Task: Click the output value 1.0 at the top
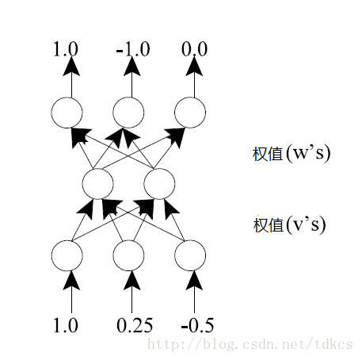coord(66,49)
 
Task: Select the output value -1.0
coord(133,49)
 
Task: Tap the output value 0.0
coord(194,49)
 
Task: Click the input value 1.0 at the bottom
coord(66,325)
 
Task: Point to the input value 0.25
coord(135,325)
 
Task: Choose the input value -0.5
coord(197,325)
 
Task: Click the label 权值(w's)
coord(292,153)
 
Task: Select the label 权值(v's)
coord(289,225)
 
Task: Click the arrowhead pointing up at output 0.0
coord(194,67)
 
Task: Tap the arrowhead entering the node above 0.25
coord(132,281)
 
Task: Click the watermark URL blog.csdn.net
coord(250,344)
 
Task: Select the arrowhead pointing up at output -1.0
coord(132,67)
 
